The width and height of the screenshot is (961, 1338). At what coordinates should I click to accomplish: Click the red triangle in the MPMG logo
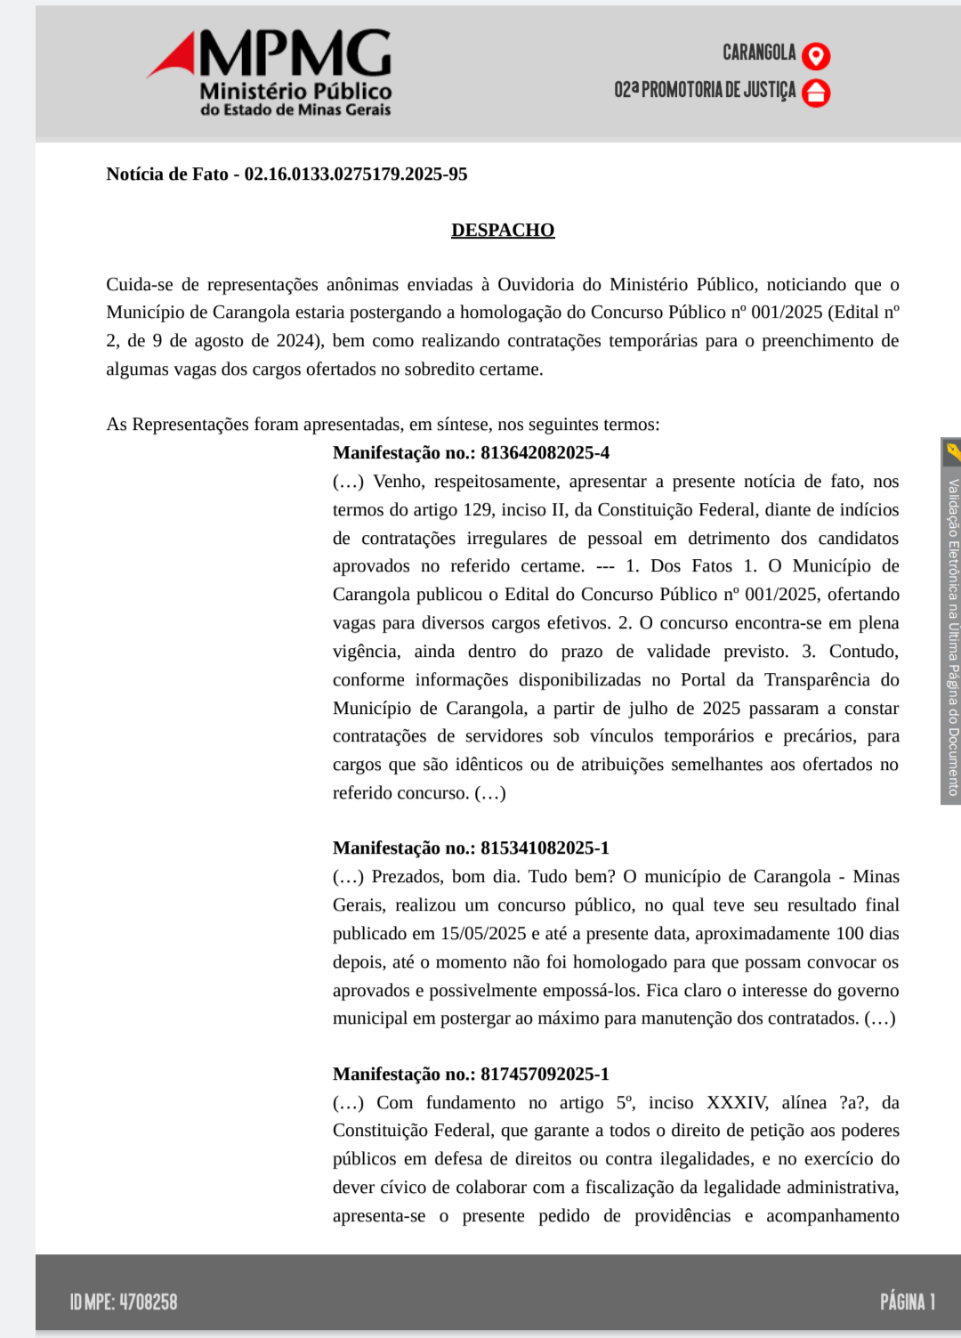click(x=174, y=57)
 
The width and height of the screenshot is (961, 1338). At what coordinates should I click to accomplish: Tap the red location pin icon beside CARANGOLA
click(x=816, y=56)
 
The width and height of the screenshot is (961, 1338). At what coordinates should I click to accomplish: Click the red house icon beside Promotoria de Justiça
click(x=816, y=93)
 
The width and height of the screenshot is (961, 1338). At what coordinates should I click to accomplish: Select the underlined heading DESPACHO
click(x=503, y=230)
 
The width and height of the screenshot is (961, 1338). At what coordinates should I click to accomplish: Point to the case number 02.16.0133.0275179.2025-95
click(x=356, y=174)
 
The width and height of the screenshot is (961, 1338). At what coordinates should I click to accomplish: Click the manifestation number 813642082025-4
click(x=545, y=452)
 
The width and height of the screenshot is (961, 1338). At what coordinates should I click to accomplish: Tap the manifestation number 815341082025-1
click(x=545, y=847)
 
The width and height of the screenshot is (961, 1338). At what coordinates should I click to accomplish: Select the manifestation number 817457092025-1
click(x=545, y=1074)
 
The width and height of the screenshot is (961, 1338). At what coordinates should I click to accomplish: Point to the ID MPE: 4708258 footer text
click(x=124, y=1302)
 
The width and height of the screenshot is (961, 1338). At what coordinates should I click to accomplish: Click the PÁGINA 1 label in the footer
click(x=908, y=1302)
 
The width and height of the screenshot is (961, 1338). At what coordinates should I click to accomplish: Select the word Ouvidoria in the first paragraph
click(x=536, y=284)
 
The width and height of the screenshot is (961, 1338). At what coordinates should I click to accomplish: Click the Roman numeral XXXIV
click(x=737, y=1102)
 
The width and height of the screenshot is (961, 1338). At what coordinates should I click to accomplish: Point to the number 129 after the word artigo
click(x=478, y=509)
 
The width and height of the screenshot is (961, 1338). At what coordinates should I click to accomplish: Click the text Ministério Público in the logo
click(x=295, y=91)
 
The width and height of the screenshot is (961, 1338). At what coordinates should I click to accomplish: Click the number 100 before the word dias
click(x=850, y=933)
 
